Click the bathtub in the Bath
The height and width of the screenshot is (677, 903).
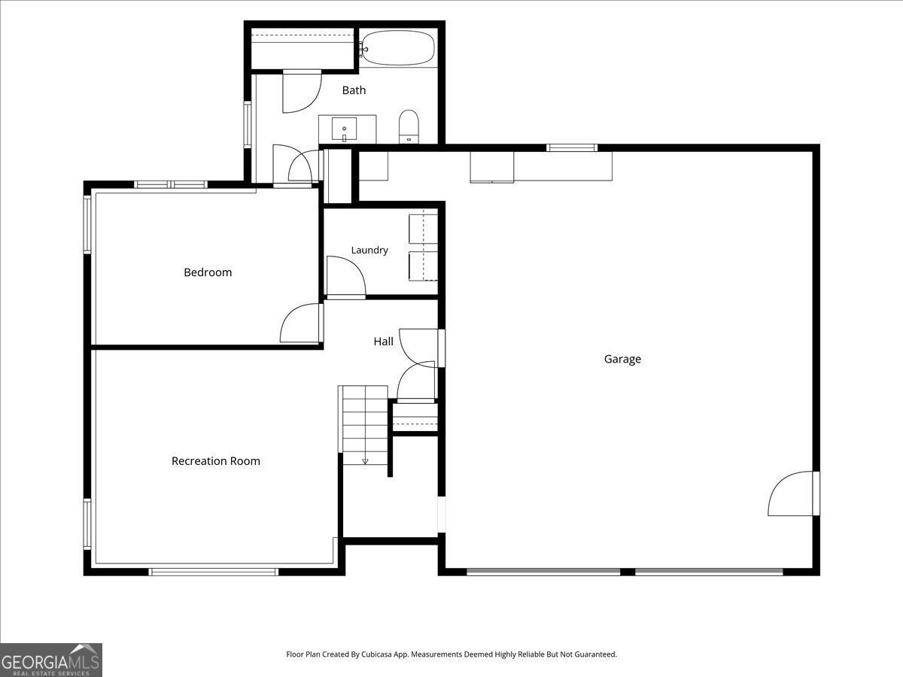pos(398,47)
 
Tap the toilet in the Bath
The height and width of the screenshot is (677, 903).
pos(409,126)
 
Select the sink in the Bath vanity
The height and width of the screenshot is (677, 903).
pos(345,129)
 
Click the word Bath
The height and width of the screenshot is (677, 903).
pos(354,90)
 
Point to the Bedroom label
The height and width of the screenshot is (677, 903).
pos(208,272)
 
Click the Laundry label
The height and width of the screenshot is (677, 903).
pos(369,250)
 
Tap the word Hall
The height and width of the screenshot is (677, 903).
pos(384,342)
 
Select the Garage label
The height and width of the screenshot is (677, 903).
pos(622,359)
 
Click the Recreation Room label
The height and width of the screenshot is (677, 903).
pos(216,461)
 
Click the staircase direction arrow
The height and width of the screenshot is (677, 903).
pos(365,462)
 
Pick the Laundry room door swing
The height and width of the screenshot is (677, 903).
pos(346,276)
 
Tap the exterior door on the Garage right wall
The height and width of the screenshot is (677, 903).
pos(794,493)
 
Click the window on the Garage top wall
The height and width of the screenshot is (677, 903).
pos(572,148)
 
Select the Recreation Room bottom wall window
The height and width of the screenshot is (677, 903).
pos(214,572)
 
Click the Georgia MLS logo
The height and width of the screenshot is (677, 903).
pos(51,660)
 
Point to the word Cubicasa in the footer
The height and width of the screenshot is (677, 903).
pos(377,654)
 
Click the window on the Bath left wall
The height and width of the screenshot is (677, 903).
pos(248,125)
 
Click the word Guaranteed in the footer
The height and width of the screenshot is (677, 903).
pos(595,654)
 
